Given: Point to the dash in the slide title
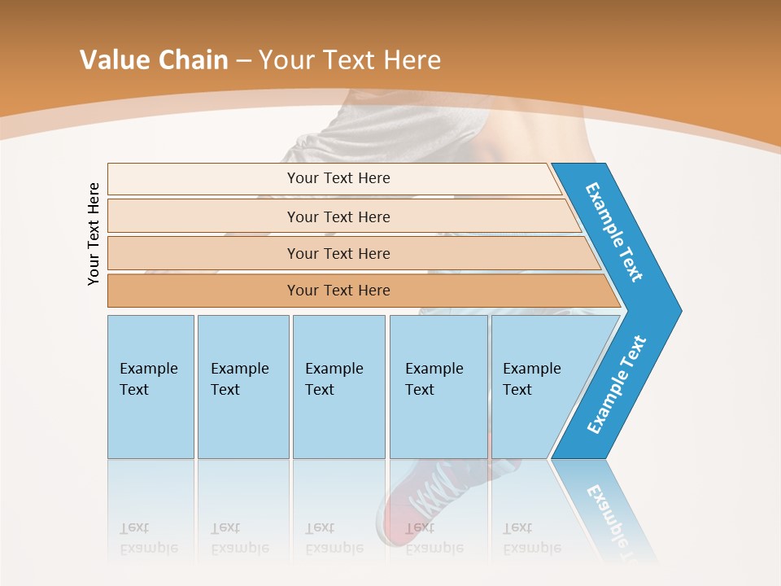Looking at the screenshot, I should [x=243, y=61].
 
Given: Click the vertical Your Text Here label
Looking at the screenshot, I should [x=94, y=234].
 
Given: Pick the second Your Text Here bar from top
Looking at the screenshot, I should [x=338, y=216].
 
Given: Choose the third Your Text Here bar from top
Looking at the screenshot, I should [x=338, y=253].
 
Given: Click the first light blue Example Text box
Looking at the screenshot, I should [x=151, y=387].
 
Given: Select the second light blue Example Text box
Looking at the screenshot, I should [x=242, y=387].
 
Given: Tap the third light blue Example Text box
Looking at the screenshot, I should [x=338, y=387].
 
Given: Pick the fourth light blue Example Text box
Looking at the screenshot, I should [x=438, y=387].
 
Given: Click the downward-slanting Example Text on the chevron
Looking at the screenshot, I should [x=614, y=232].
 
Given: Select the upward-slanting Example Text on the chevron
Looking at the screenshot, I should [x=617, y=385].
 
